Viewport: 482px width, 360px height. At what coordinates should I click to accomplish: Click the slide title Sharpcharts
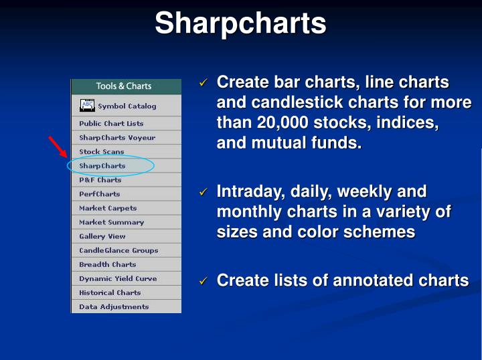[x=240, y=23]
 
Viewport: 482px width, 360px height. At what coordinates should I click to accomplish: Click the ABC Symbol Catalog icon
[x=88, y=106]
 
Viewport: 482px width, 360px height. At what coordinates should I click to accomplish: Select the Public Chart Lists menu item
[x=111, y=123]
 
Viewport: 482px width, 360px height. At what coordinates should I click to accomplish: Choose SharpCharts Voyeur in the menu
[x=117, y=137]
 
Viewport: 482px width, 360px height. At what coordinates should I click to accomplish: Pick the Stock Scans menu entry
[x=102, y=151]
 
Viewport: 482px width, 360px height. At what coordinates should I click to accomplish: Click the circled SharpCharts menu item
[x=102, y=165]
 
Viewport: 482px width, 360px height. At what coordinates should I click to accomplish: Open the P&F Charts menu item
[x=100, y=179]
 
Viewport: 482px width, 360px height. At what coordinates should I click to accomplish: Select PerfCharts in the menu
[x=100, y=193]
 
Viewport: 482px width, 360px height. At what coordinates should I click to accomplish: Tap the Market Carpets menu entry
[x=108, y=208]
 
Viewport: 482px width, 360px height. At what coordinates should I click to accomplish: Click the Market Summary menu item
[x=111, y=222]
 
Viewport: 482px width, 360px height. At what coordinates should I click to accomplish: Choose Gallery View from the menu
[x=102, y=236]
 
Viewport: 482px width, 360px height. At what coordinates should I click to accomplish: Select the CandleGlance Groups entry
[x=118, y=250]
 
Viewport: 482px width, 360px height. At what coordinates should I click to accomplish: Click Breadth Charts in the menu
[x=108, y=264]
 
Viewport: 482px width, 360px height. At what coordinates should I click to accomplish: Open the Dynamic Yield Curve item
[x=118, y=278]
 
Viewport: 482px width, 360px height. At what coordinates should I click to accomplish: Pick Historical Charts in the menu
[x=110, y=292]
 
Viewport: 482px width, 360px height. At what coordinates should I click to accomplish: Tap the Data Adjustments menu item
[x=114, y=306]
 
